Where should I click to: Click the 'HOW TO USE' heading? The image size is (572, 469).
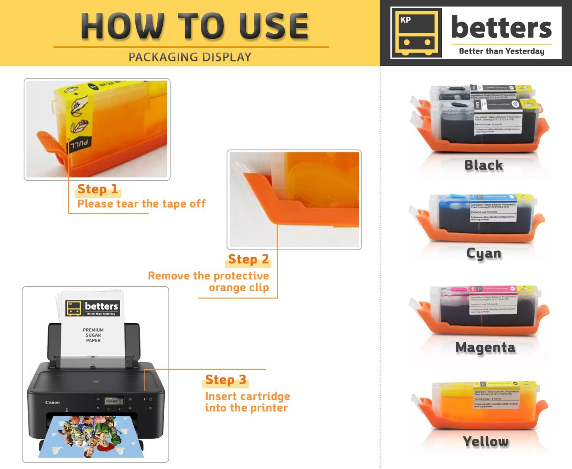(195, 26)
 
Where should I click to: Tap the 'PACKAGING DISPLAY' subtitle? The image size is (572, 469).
(190, 57)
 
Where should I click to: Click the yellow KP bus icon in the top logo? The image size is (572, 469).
(416, 32)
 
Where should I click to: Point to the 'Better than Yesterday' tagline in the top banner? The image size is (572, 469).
(501, 51)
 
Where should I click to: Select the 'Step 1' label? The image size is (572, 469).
(97, 189)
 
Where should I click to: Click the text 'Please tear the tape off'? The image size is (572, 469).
(141, 204)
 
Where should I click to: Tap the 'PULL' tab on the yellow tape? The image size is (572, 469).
(80, 144)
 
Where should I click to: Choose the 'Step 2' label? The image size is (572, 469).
(248, 259)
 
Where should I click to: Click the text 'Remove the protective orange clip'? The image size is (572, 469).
(209, 281)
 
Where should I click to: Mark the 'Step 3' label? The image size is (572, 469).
(226, 379)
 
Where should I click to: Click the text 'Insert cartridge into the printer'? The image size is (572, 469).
(247, 402)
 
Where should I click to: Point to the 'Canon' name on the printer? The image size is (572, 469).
(52, 402)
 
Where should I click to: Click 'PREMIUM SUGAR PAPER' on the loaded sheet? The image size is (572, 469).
(93, 335)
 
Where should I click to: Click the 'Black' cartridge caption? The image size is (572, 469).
(484, 165)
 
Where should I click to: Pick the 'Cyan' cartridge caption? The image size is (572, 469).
(484, 254)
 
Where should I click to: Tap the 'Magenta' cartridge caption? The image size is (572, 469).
(485, 347)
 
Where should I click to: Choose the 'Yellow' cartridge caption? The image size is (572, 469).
(486, 441)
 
